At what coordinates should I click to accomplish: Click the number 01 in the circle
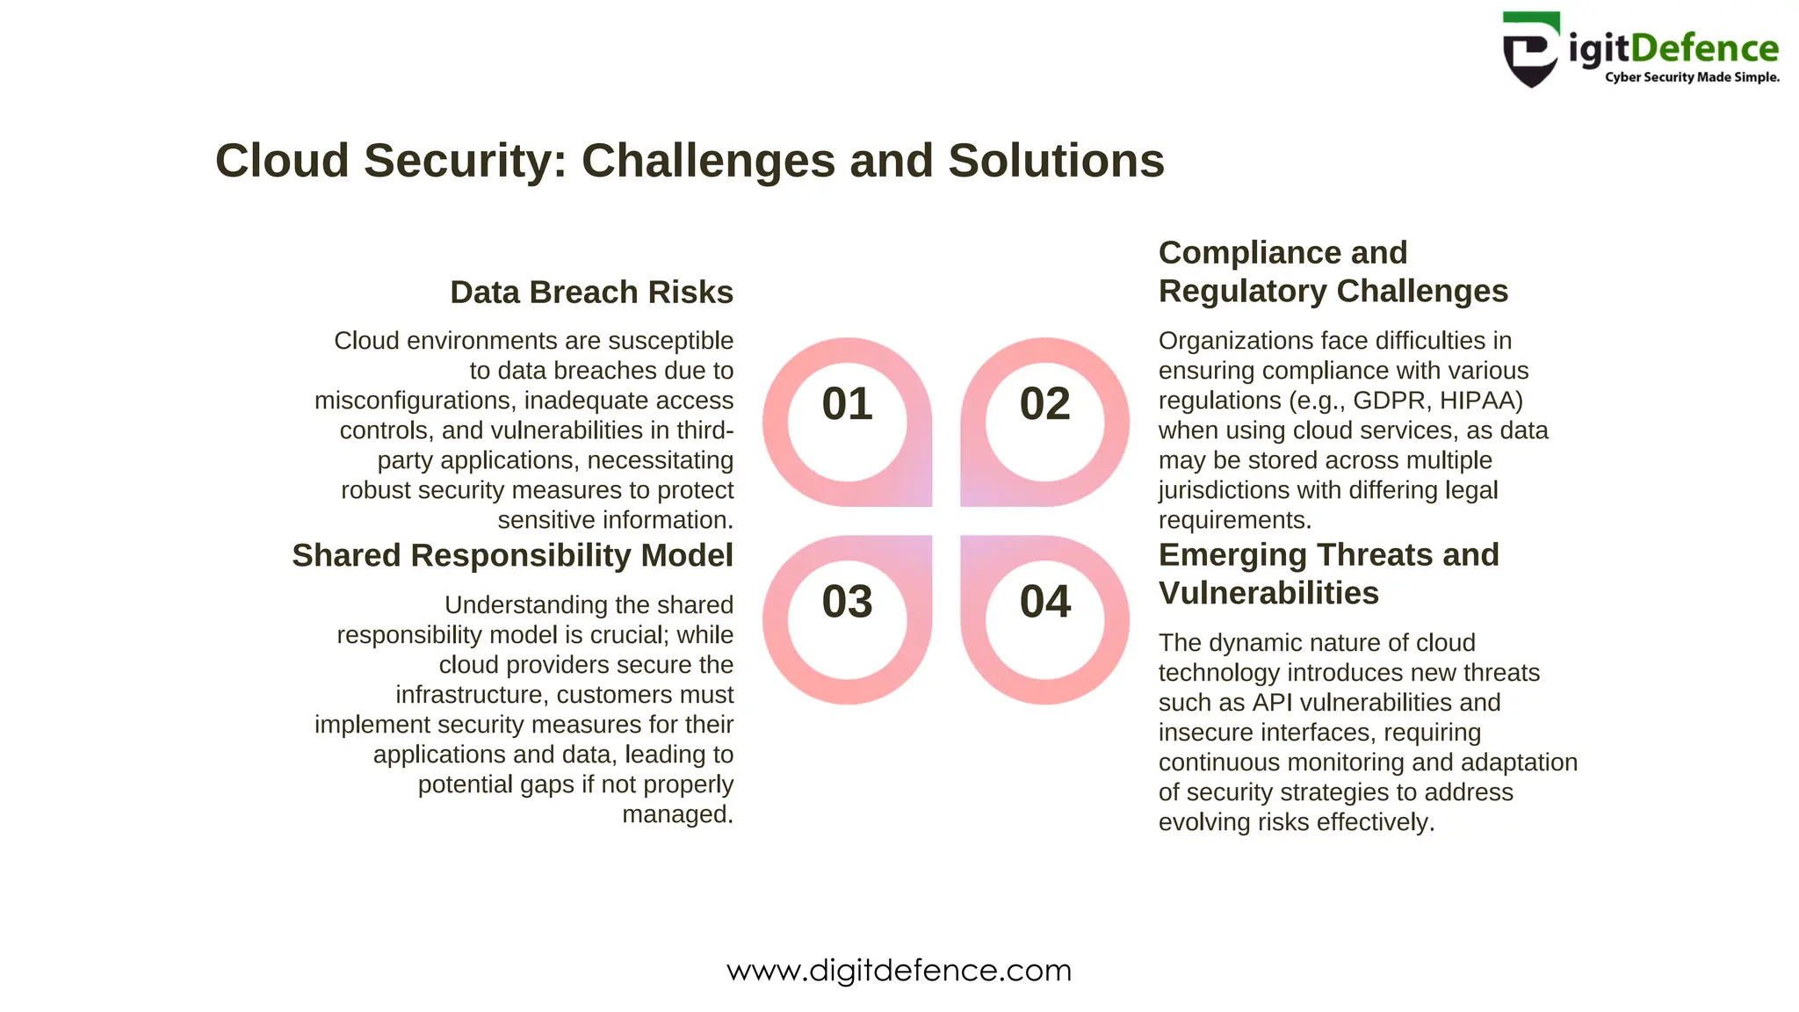coord(847,404)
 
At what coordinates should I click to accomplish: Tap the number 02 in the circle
coord(1044,404)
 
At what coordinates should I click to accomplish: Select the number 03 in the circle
coord(847,602)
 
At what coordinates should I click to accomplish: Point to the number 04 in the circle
coord(1044,602)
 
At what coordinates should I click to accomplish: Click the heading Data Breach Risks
coord(591,293)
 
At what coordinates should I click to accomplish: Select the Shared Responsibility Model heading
coord(512,555)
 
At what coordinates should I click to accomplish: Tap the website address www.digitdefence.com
coord(899,971)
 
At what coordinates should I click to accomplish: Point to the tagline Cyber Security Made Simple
coord(1692,77)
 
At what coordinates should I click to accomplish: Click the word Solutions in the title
coord(1056,161)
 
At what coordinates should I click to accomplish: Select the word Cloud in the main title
coord(282,161)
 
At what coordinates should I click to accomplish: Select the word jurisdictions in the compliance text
coord(1224,490)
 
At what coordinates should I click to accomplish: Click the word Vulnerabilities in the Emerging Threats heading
coord(1268,593)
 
